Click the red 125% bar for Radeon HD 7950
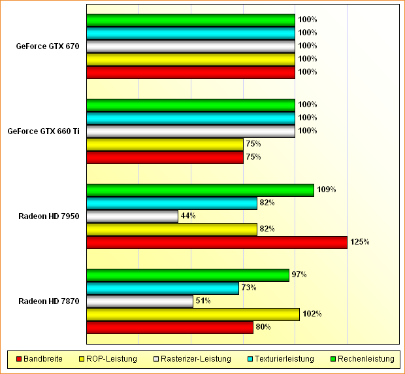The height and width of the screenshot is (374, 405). click(x=216, y=243)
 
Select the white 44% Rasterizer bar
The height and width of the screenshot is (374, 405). click(x=132, y=216)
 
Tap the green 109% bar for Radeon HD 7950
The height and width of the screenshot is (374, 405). click(x=200, y=190)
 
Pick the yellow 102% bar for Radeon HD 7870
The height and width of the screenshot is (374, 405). click(x=193, y=314)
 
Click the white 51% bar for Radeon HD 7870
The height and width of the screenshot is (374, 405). click(x=140, y=301)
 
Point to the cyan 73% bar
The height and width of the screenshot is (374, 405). click(x=163, y=288)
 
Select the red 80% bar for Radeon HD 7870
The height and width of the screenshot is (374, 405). click(x=169, y=328)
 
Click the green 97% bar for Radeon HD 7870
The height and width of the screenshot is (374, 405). click(x=187, y=275)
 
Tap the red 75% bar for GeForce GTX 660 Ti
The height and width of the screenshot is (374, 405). click(x=165, y=158)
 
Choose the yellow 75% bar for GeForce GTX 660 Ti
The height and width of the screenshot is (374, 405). click(x=165, y=144)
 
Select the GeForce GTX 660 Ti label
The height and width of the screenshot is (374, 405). click(x=43, y=131)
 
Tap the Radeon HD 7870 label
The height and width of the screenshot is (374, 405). click(x=49, y=301)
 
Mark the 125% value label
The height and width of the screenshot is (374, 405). click(x=360, y=243)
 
